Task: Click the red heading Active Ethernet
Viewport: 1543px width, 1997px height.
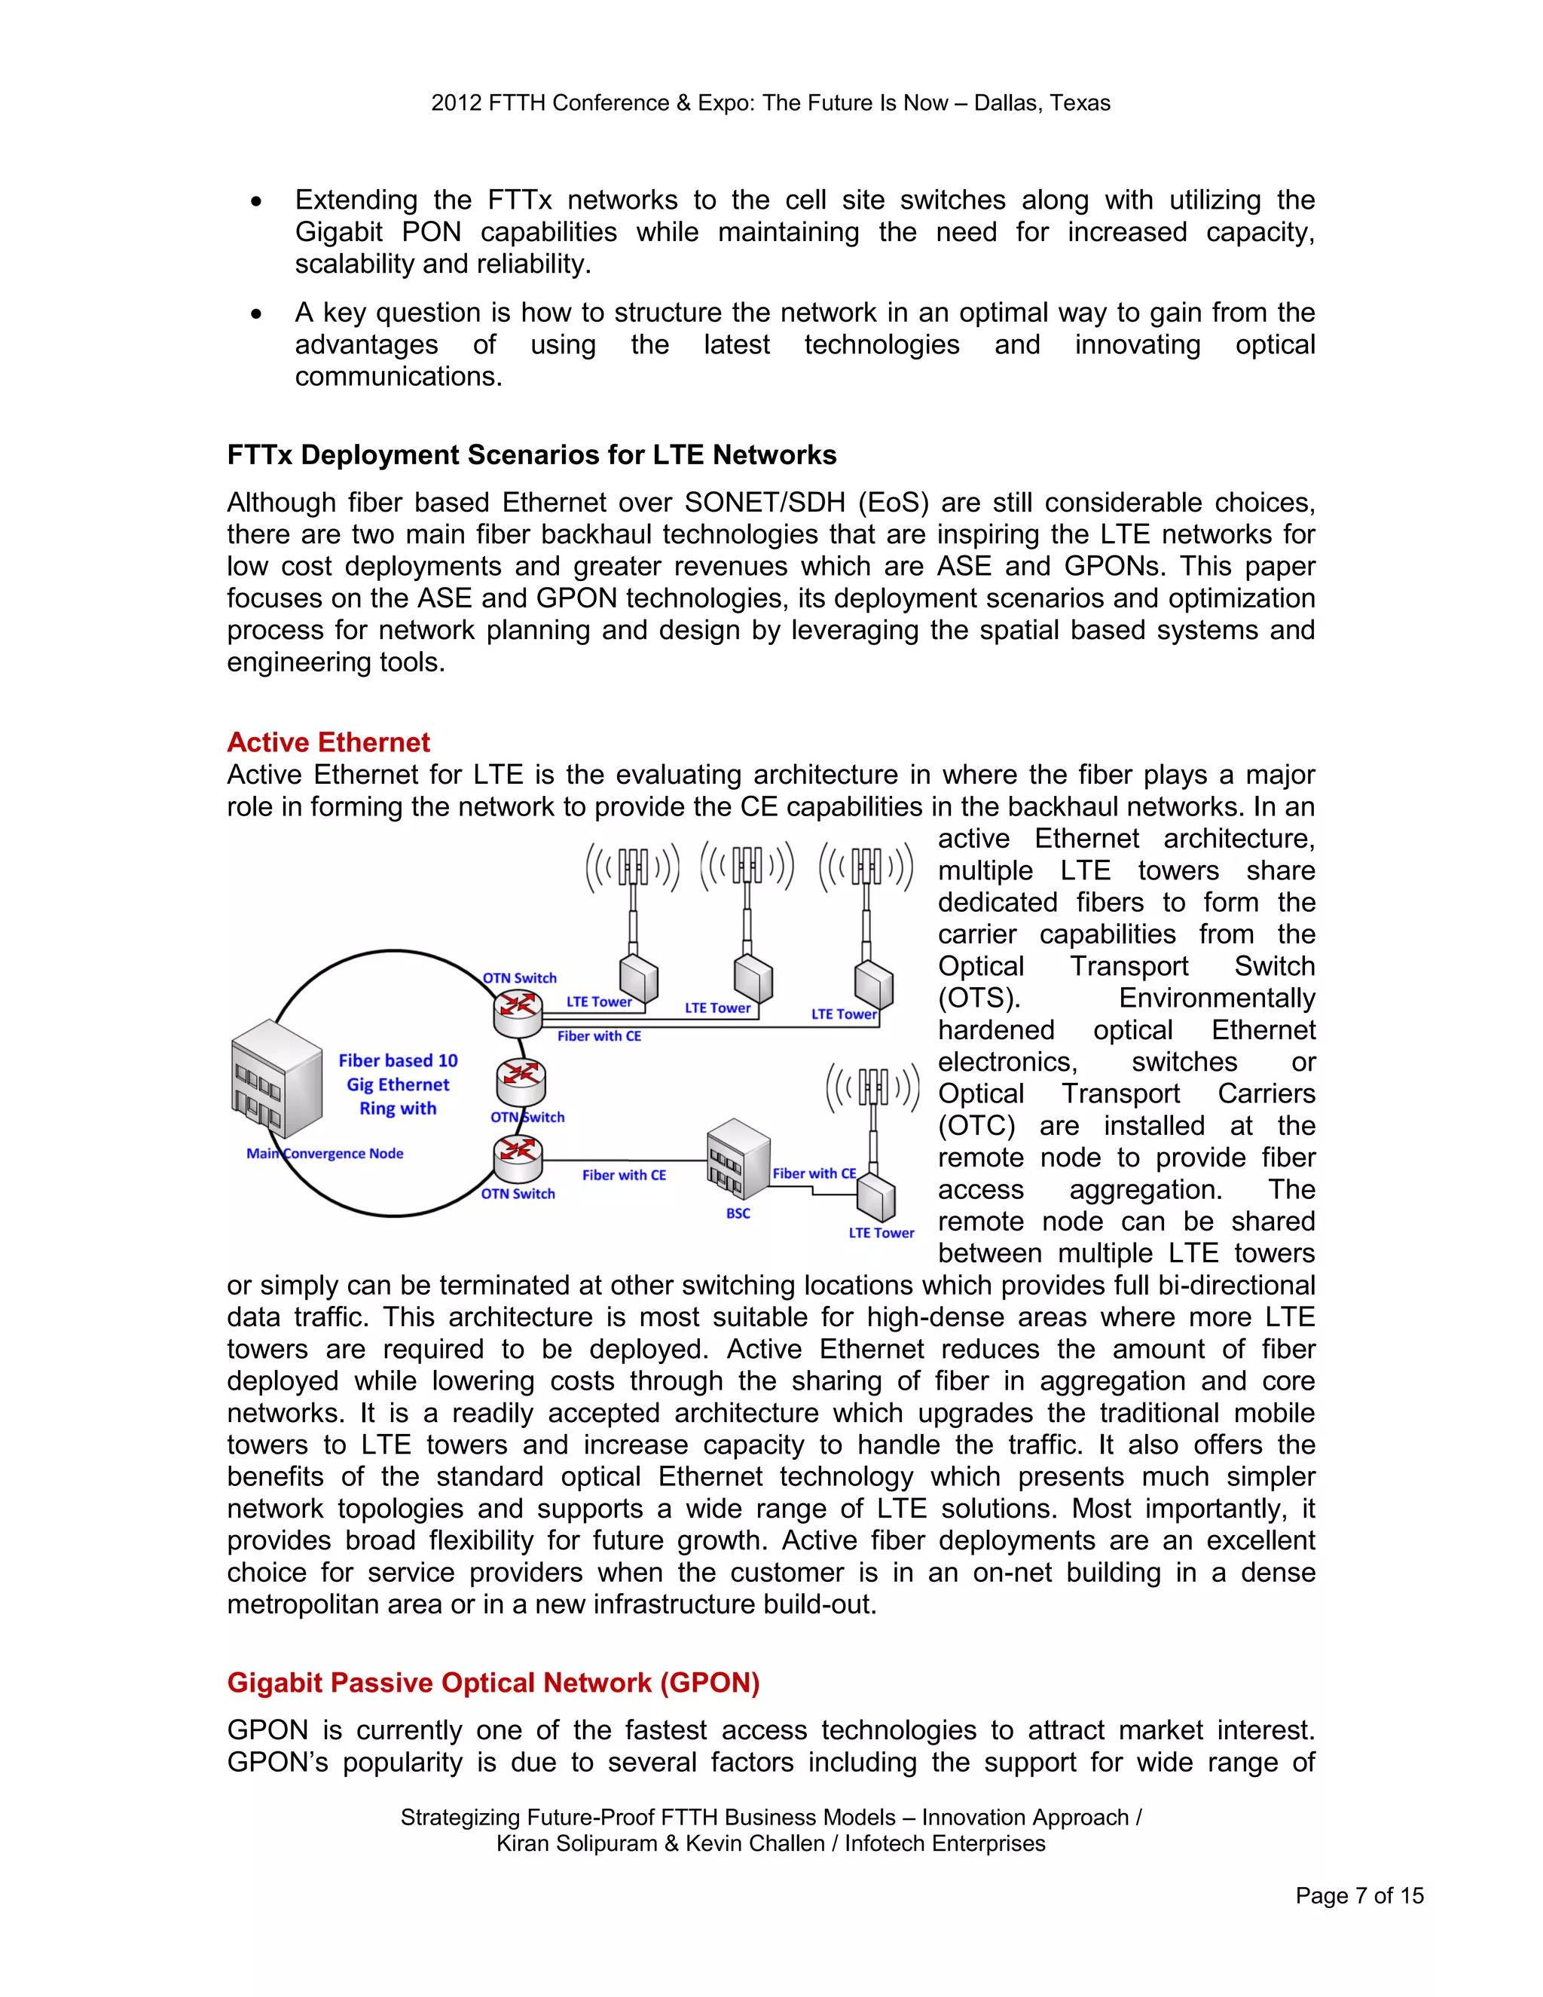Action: (x=328, y=742)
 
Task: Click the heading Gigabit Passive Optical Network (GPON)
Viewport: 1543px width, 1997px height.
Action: (x=493, y=1683)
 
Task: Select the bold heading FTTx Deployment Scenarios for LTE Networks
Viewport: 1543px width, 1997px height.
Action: (x=531, y=454)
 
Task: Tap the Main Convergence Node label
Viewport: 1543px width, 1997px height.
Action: (x=325, y=1153)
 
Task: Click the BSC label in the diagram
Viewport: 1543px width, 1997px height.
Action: (x=738, y=1213)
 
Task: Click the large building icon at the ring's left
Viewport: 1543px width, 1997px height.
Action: (x=276, y=1079)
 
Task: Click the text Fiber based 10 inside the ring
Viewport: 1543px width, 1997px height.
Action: (x=398, y=1061)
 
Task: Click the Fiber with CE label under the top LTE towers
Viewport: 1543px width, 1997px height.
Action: (x=599, y=1036)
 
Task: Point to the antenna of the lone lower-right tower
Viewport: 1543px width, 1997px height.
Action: (x=873, y=1088)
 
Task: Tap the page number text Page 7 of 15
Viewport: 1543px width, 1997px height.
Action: (x=1358, y=1895)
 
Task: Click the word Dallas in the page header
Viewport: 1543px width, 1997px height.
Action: (x=1004, y=102)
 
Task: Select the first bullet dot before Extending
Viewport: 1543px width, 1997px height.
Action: (x=257, y=201)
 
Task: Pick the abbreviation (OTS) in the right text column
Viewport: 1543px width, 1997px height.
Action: (x=978, y=998)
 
